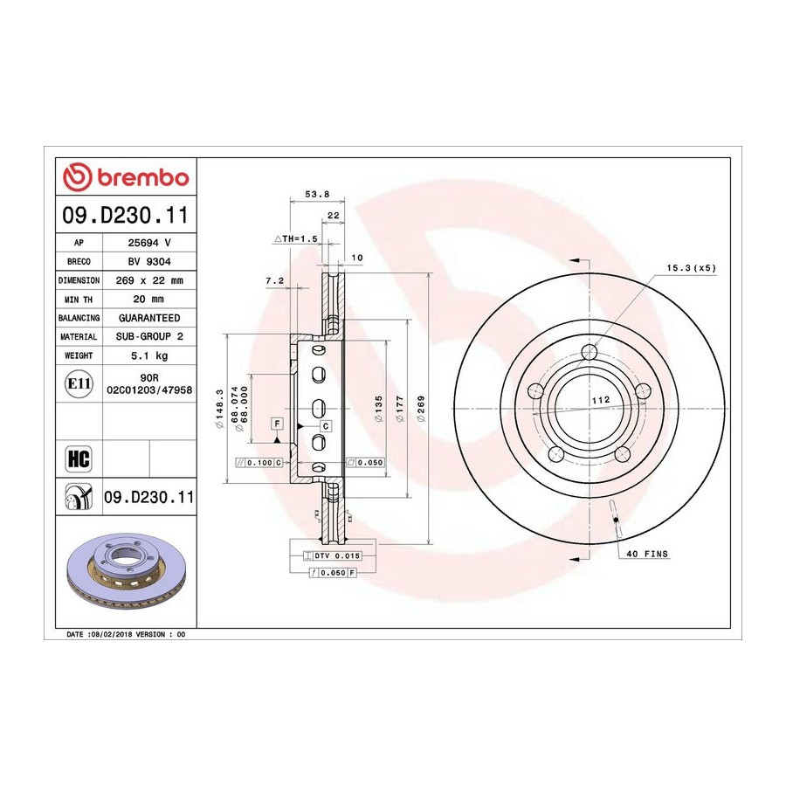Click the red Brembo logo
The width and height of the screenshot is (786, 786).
tap(126, 177)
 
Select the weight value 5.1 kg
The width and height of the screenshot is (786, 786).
tap(149, 355)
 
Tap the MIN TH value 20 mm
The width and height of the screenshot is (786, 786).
tap(148, 300)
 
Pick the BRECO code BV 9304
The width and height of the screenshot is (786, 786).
tap(149, 261)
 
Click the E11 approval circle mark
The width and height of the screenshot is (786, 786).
tap(79, 383)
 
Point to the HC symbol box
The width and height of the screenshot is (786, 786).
tap(79, 458)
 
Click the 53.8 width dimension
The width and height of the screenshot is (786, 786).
tap(317, 194)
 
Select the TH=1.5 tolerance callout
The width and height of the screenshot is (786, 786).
tap(296, 238)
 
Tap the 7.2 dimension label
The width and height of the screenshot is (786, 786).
tap(275, 280)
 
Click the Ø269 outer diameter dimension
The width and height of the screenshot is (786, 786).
tap(421, 409)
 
